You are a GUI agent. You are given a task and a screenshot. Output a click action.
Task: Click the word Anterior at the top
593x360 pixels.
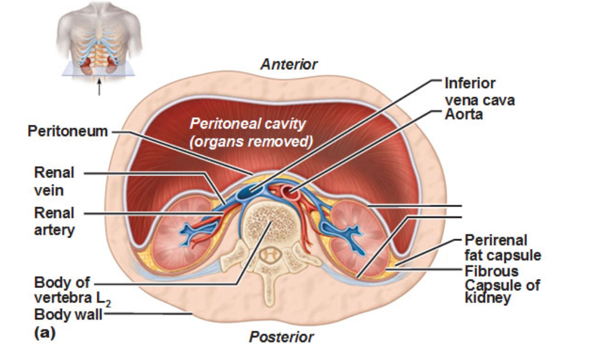coord(288,64)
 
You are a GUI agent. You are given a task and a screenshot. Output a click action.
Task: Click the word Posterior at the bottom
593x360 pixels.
coord(282,337)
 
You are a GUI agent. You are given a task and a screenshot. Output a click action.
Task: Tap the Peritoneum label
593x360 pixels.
coord(68,131)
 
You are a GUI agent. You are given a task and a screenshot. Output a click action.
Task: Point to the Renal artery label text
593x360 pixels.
coord(54,221)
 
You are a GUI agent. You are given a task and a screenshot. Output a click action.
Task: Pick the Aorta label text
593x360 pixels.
coord(464,114)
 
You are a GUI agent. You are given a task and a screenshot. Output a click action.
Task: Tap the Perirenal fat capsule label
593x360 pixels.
coord(503,247)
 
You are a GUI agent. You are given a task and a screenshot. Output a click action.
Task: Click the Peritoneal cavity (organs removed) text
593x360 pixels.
coord(248,132)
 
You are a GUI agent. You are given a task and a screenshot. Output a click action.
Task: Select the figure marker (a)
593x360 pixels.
coord(45,332)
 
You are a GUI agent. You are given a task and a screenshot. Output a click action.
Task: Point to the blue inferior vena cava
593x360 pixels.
coord(248,194)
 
